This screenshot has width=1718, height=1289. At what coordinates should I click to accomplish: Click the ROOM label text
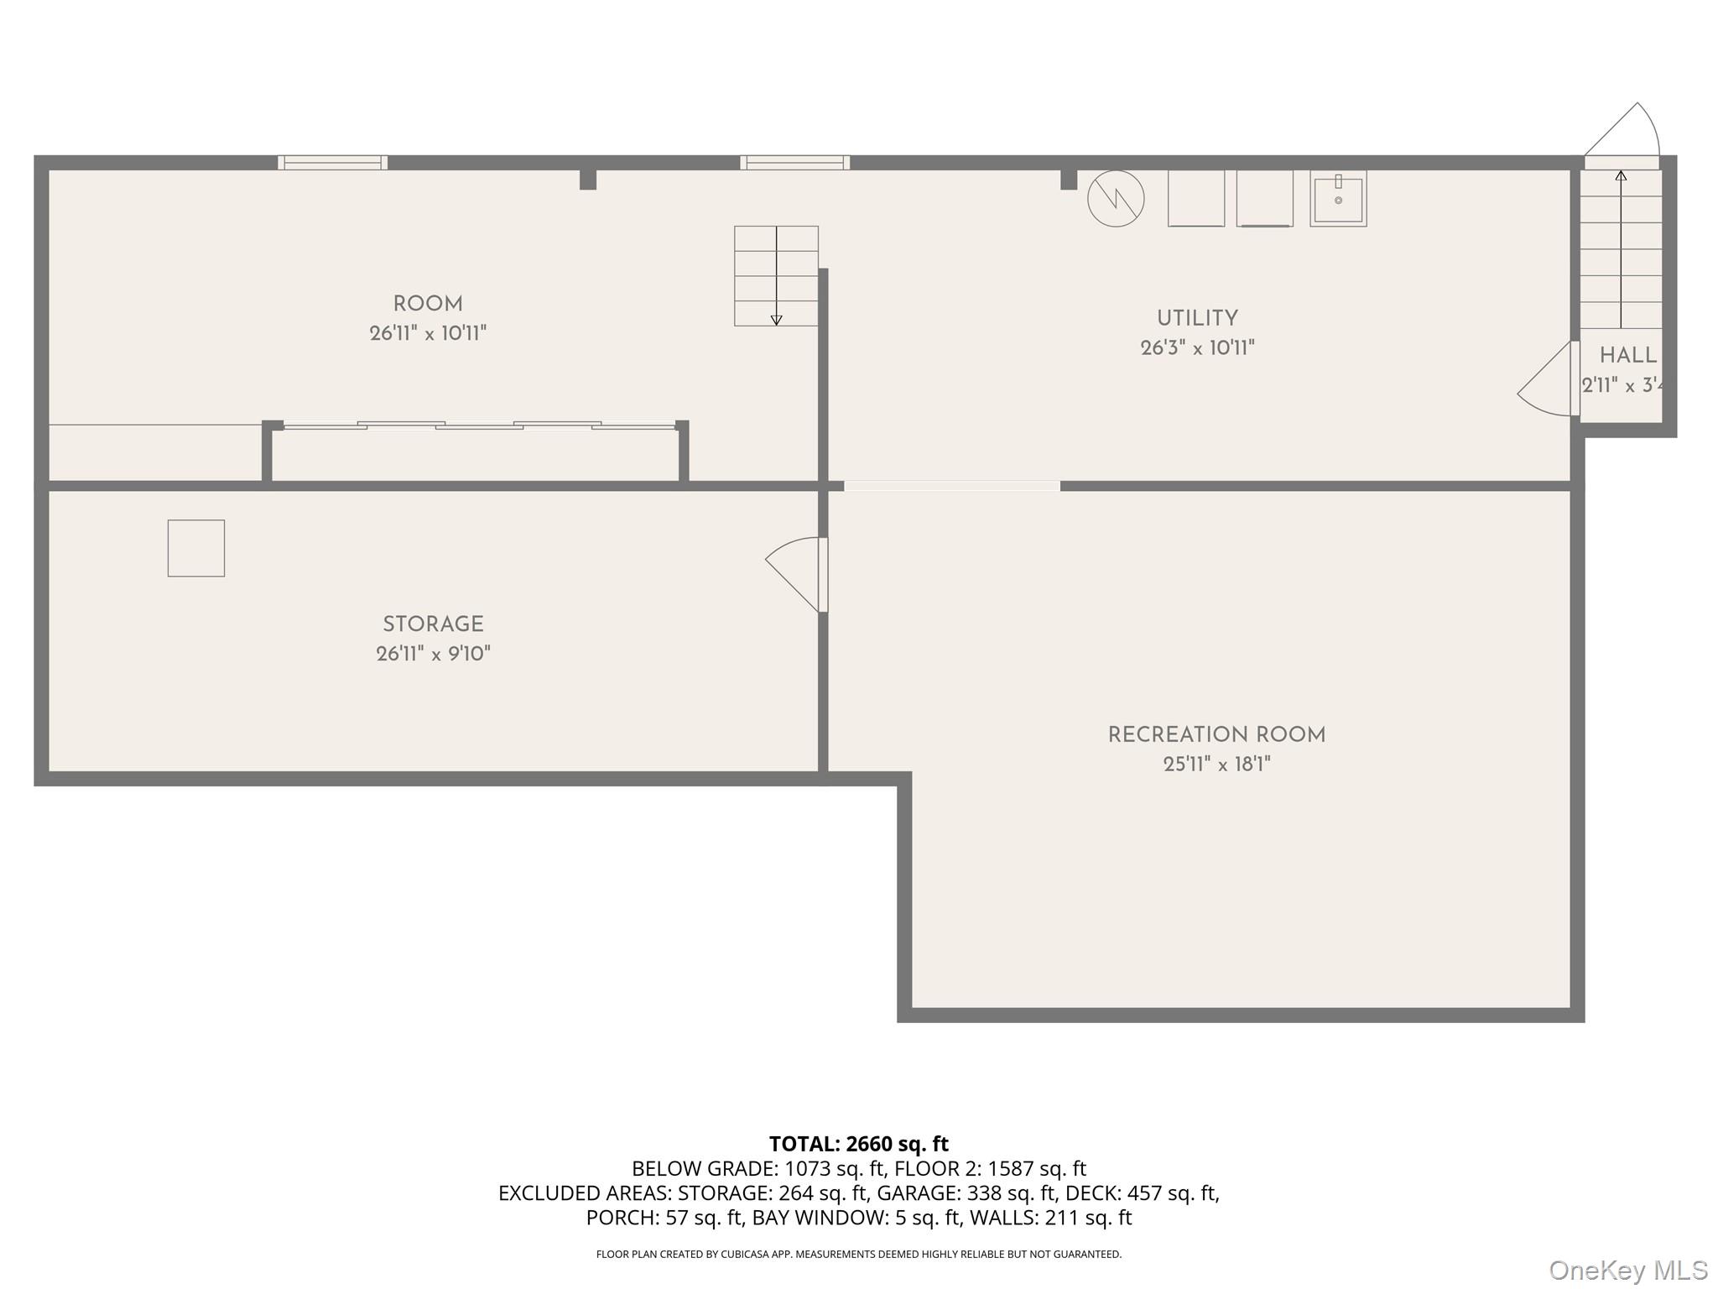(x=428, y=304)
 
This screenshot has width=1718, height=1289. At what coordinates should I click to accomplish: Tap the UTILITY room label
(x=1197, y=319)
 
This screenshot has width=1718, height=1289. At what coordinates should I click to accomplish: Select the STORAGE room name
(x=433, y=624)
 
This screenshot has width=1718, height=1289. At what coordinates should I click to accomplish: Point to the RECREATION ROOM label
(x=1216, y=735)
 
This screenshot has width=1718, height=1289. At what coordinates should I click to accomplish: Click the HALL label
(x=1627, y=356)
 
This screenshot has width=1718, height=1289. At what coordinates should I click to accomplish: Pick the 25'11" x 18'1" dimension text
(x=1216, y=765)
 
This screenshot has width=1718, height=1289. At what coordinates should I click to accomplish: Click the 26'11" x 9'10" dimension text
(x=433, y=654)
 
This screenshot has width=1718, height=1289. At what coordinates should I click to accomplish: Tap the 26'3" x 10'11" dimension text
(x=1197, y=348)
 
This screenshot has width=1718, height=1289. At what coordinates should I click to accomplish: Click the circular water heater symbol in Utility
(x=1116, y=199)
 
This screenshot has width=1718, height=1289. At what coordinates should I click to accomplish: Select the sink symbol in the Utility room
(x=1338, y=199)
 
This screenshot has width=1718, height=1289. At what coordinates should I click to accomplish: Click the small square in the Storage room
(x=196, y=548)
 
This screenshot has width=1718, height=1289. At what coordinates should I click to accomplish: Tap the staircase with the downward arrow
(x=776, y=275)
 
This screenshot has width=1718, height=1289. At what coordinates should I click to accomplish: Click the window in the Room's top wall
(x=332, y=163)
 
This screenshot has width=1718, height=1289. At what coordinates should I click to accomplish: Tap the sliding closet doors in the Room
(x=478, y=426)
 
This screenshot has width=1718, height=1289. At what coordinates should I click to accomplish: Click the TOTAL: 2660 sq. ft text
(x=858, y=1144)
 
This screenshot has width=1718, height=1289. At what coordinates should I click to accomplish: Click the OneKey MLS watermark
(x=1627, y=1270)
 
